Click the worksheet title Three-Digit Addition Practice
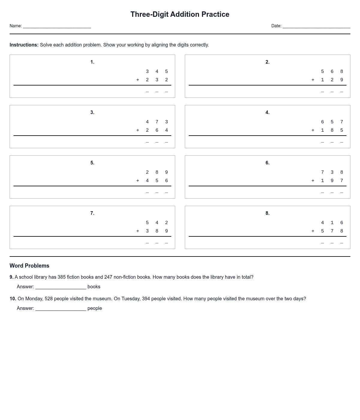pyautogui.click(x=180, y=14)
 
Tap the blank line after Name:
pyautogui.click(x=57, y=26)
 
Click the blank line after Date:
pyautogui.click(x=316, y=26)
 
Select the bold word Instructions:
pyautogui.click(x=24, y=45)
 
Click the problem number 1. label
pyautogui.click(x=92, y=62)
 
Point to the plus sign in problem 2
pyautogui.click(x=313, y=80)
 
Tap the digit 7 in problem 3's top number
pyautogui.click(x=157, y=122)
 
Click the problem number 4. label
pyautogui.click(x=268, y=112)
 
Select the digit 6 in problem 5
pyautogui.click(x=166, y=181)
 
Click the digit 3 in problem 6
pyautogui.click(x=332, y=172)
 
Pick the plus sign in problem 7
pyautogui.click(x=138, y=231)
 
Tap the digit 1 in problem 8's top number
pyautogui.click(x=332, y=223)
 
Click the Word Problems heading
pyautogui.click(x=29, y=266)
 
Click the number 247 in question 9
pyautogui.click(x=108, y=277)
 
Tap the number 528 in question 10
pyautogui.click(x=49, y=299)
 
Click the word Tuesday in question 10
pyautogui.click(x=130, y=299)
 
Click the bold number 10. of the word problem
pyautogui.click(x=13, y=299)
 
